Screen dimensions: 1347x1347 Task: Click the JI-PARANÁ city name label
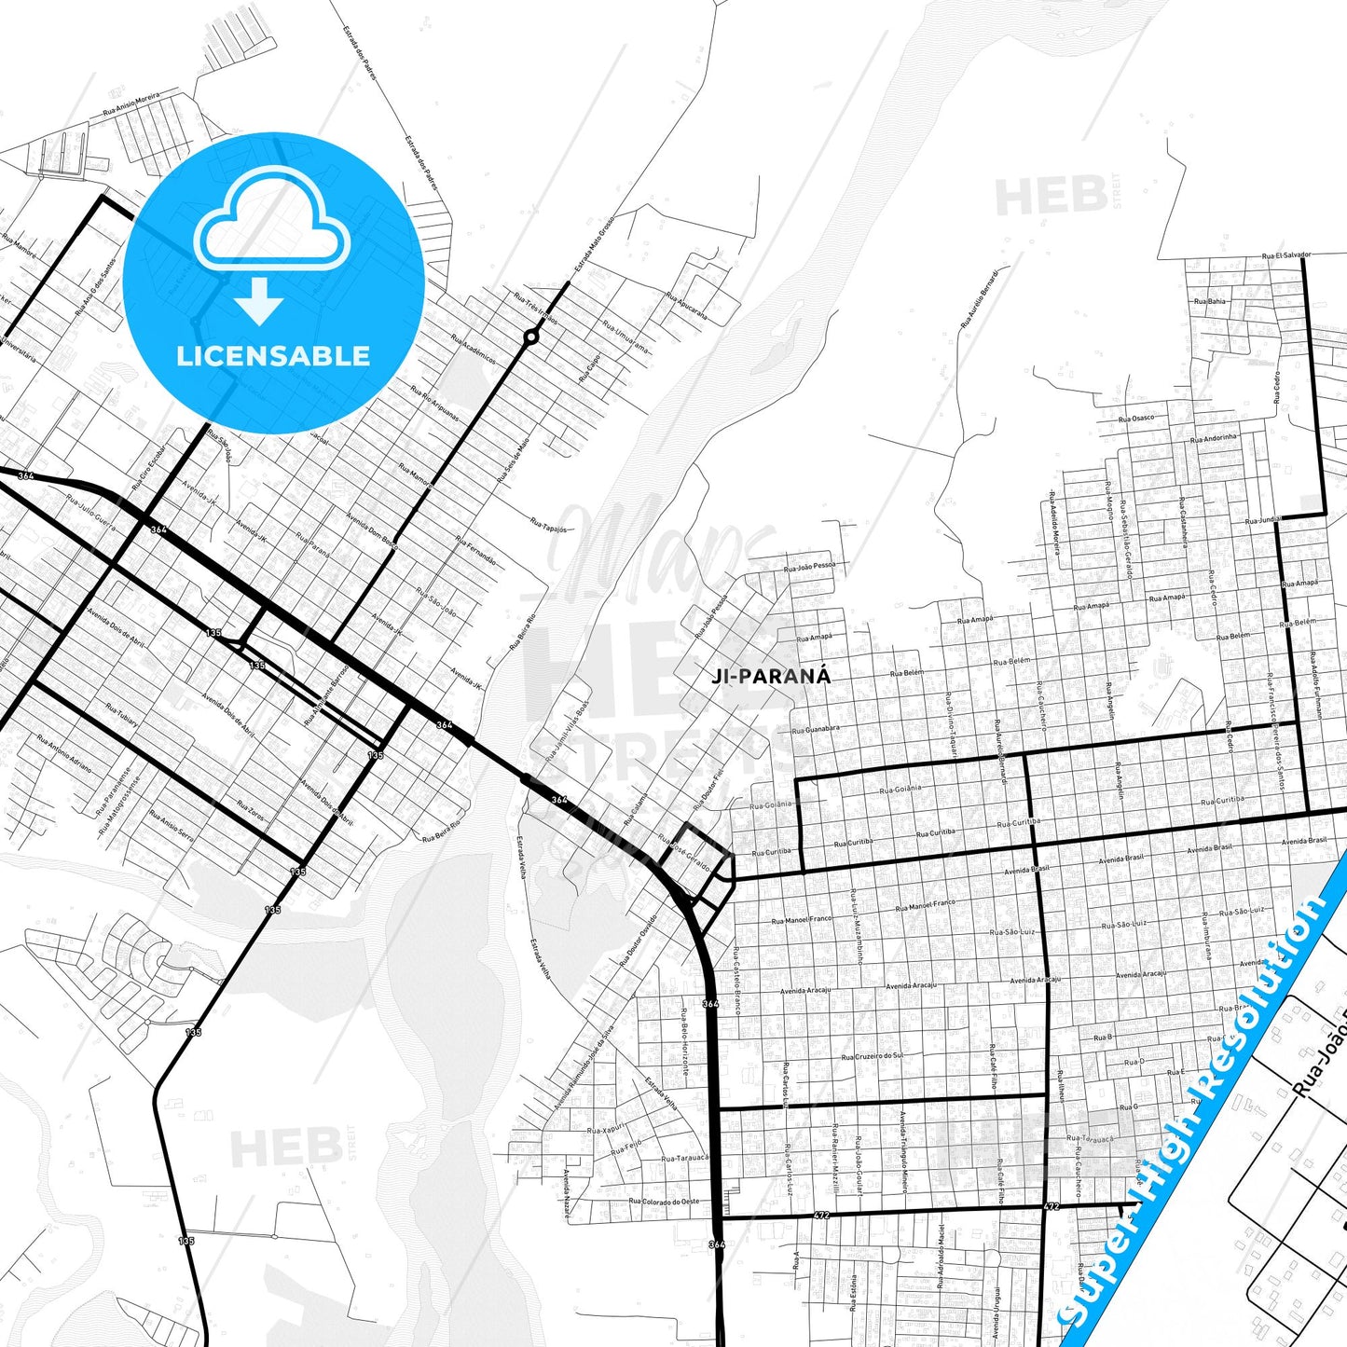click(770, 677)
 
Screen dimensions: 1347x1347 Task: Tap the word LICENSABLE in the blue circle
click(273, 356)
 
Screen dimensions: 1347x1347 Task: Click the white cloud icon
click(271, 228)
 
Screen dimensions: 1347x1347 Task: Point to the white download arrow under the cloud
click(259, 301)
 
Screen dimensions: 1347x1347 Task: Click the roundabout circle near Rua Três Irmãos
click(530, 337)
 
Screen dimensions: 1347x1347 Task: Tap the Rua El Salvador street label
click(1286, 255)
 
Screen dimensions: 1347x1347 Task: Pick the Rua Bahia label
click(1210, 302)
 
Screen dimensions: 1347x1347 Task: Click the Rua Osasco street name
click(1135, 419)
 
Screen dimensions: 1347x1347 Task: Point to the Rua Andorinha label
click(1214, 438)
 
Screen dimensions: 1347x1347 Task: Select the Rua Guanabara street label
click(815, 729)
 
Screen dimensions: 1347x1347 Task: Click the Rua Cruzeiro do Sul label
click(872, 1056)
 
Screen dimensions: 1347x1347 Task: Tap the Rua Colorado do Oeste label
click(664, 1202)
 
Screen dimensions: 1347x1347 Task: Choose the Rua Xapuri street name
click(606, 1130)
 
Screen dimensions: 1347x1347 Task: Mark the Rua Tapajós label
click(548, 525)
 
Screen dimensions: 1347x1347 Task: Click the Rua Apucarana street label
click(686, 307)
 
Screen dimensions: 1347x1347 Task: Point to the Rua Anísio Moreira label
click(131, 103)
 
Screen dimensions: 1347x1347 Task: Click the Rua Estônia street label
click(853, 1294)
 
